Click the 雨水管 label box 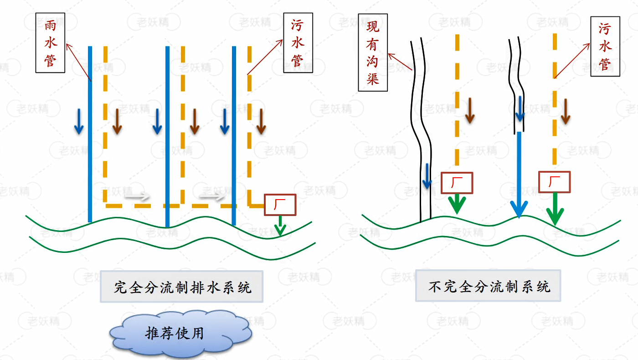point(50,42)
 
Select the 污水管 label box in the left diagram point(298,42)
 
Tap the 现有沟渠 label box point(373,52)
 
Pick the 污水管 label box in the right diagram point(605,46)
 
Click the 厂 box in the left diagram point(280,205)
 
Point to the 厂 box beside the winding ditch point(457,183)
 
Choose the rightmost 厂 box point(555,182)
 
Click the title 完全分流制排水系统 point(182,287)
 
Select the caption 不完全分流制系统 point(488,286)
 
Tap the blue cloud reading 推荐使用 point(180,333)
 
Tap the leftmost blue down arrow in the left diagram point(79,122)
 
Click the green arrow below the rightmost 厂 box point(555,210)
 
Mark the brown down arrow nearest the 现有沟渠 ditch point(470,111)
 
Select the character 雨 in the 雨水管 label point(50,27)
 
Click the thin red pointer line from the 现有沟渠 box point(400,62)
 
